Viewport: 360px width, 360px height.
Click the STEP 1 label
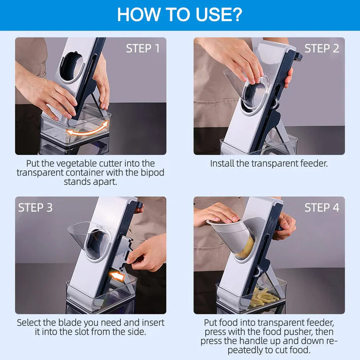(x=142, y=49)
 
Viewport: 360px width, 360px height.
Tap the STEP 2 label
(x=321, y=49)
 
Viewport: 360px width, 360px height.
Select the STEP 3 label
(x=35, y=208)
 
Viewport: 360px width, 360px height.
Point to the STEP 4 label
(x=321, y=208)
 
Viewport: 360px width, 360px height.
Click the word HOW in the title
(x=136, y=15)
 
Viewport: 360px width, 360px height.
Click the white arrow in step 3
(x=118, y=276)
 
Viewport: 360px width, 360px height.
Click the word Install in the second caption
(x=223, y=164)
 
